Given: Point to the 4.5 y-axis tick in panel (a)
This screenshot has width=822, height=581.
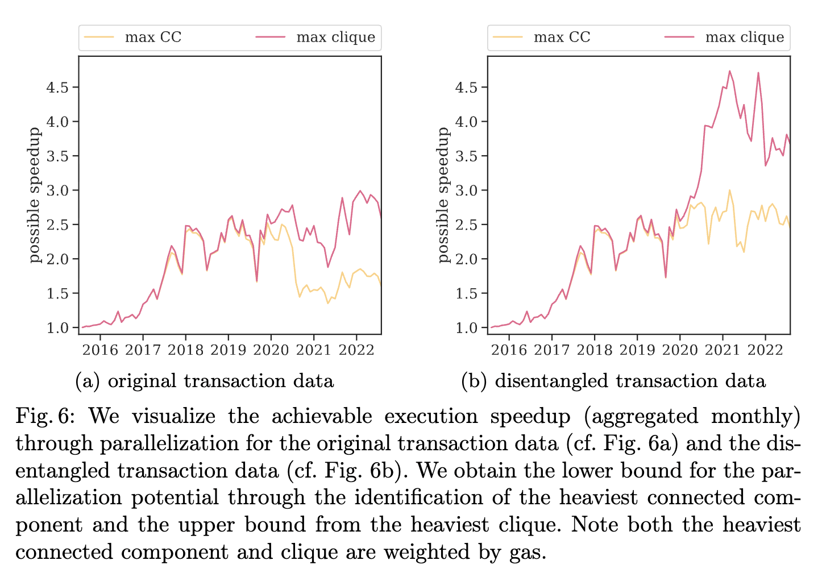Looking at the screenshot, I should point(57,88).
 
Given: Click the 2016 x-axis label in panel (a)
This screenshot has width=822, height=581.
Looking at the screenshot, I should point(101,350).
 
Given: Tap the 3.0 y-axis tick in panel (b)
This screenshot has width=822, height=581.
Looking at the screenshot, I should point(466,190).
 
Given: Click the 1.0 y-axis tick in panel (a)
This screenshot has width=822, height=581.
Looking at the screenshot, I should point(57,328).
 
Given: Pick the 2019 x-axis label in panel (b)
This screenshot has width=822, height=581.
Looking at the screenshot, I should point(637,350).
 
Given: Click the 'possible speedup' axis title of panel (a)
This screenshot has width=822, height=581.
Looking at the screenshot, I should point(35,195).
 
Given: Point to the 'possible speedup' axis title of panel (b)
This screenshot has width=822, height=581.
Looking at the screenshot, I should point(444,195).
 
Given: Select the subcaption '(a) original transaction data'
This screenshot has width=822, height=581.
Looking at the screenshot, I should point(205,381).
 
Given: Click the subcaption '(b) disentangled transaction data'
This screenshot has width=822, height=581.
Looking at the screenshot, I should point(613,381).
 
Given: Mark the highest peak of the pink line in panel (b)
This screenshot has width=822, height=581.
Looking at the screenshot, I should point(729,71).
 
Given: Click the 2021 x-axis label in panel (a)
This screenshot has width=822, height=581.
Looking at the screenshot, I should point(314,350).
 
